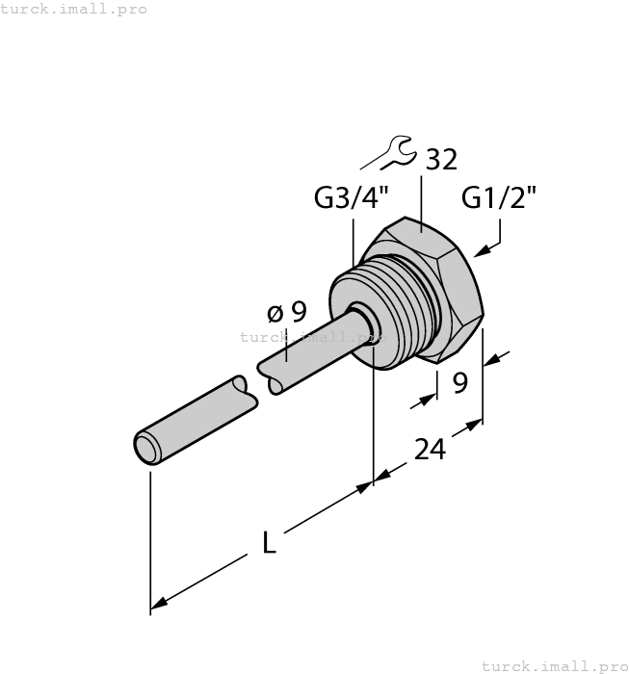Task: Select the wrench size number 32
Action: (440, 160)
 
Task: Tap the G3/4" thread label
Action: (352, 199)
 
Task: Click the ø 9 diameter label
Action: (286, 312)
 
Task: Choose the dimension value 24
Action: (430, 448)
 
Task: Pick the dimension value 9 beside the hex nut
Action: (459, 383)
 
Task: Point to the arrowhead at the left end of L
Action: (160, 604)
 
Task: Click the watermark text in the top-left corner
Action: (74, 9)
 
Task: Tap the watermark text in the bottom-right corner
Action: (553, 665)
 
